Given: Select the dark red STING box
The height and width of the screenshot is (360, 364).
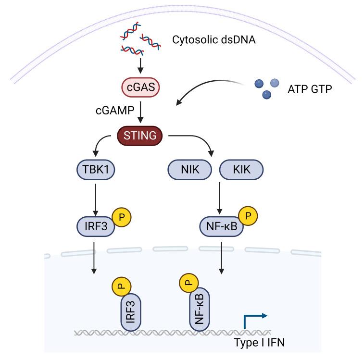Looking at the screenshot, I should pos(140,136).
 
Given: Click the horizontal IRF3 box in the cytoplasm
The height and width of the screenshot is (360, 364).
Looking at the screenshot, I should pos(96,225).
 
